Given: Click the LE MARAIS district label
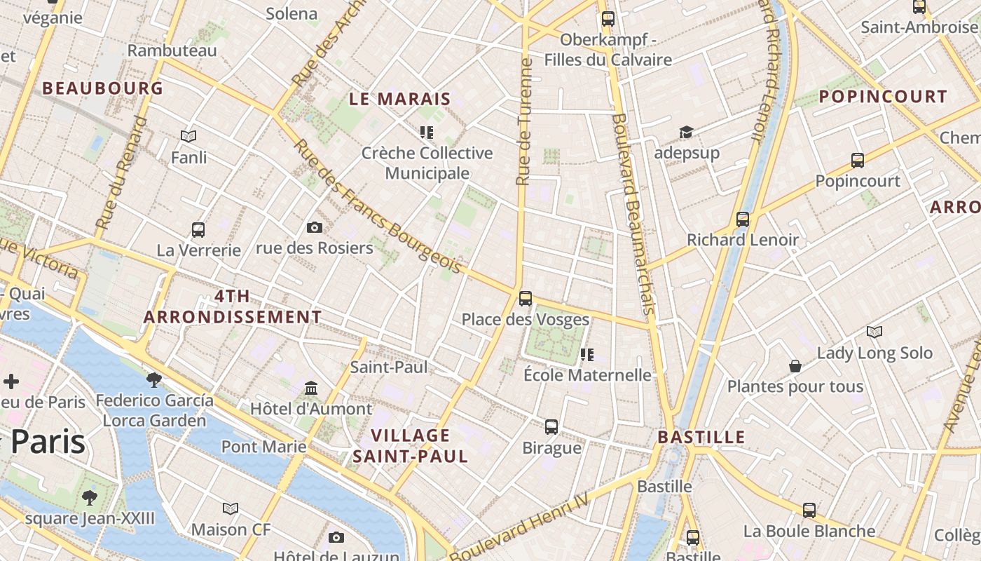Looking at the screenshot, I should click(399, 99).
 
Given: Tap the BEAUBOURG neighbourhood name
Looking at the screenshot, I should click(102, 88).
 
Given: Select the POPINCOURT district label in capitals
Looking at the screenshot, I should click(883, 97).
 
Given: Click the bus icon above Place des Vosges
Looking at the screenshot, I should click(526, 298).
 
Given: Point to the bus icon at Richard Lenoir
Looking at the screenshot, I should click(743, 219).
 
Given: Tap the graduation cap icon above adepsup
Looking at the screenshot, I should click(686, 132).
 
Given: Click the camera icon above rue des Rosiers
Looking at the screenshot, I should click(315, 227).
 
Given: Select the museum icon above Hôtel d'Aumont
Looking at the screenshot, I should click(311, 388).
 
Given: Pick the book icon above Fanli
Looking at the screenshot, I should click(188, 136).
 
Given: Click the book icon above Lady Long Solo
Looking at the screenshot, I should click(874, 332).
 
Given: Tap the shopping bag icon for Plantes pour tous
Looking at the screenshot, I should click(795, 366).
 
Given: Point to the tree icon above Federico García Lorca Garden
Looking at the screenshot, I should click(154, 379).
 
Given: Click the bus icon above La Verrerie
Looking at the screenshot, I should click(198, 229).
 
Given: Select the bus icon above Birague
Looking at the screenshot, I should click(551, 426).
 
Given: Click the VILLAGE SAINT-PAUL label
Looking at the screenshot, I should click(410, 446).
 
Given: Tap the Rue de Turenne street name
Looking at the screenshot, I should click(523, 123).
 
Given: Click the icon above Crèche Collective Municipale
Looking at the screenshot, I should click(427, 132).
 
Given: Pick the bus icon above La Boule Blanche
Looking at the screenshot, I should click(809, 510).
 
